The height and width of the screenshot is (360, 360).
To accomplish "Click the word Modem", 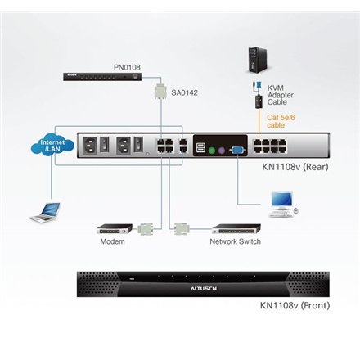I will [x=112, y=243].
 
